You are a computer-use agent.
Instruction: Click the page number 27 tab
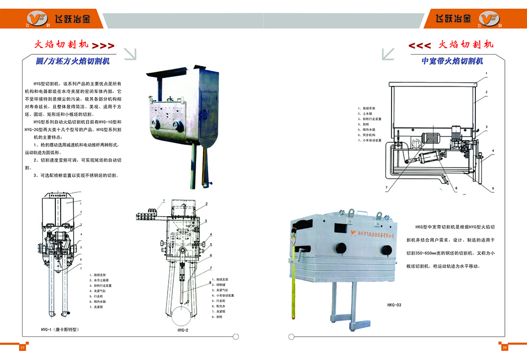[22, 348]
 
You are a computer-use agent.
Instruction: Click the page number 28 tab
[504, 348]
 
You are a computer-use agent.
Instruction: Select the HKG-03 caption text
[394, 305]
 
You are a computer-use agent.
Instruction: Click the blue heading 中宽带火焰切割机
[452, 61]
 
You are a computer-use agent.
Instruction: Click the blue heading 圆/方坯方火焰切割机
[72, 61]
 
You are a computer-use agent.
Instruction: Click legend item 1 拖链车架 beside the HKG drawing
[366, 107]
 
